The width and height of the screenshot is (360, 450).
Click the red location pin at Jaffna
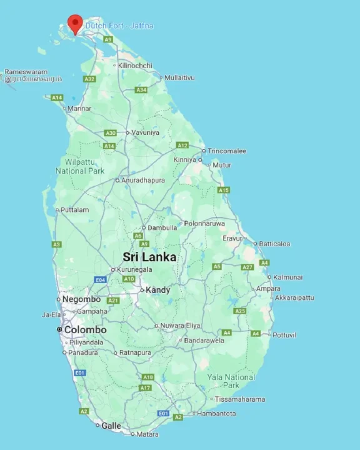[x=76, y=22]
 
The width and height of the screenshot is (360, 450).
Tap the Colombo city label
[x=85, y=329]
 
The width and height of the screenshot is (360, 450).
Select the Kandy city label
[x=158, y=290]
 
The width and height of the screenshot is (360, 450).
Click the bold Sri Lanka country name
[x=149, y=257]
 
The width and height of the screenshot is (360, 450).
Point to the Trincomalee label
[x=227, y=151]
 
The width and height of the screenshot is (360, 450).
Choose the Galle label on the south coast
[x=111, y=426]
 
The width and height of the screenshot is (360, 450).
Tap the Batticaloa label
[x=275, y=244]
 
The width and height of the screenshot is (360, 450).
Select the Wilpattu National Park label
[x=79, y=166]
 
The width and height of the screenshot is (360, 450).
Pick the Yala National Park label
[x=231, y=381]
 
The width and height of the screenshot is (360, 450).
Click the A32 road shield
[x=89, y=79]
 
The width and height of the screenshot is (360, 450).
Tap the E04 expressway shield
[x=100, y=279]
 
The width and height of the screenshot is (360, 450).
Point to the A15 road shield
[x=223, y=190]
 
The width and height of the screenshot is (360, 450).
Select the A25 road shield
[x=239, y=311]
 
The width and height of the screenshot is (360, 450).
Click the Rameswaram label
[x=26, y=72]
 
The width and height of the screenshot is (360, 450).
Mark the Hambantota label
[x=217, y=413]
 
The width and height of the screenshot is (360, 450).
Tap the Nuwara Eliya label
[x=181, y=326]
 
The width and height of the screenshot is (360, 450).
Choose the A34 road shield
[x=141, y=90]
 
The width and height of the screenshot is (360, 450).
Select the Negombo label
[x=81, y=299]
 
